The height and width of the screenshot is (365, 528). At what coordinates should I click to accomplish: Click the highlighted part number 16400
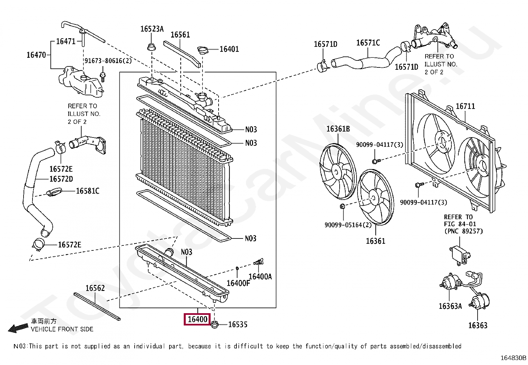click(x=197, y=319)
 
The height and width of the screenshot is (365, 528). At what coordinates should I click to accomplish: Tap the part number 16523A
click(x=152, y=29)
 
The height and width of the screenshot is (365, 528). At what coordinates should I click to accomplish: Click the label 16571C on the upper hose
click(x=368, y=43)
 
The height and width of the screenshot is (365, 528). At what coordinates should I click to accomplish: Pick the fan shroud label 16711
click(x=465, y=106)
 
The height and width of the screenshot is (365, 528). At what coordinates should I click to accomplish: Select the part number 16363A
click(x=450, y=306)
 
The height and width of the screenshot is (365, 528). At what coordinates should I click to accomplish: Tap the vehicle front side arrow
click(x=18, y=328)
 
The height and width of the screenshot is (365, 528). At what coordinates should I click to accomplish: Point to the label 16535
click(x=237, y=324)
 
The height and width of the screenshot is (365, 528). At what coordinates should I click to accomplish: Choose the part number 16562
click(x=95, y=288)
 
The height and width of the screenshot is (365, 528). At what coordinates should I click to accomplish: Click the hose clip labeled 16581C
click(x=54, y=192)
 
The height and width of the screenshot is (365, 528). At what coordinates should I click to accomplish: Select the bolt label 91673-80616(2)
click(x=108, y=61)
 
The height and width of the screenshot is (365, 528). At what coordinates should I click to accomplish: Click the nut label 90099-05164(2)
click(x=348, y=225)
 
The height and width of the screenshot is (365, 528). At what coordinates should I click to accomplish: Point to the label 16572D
click(x=61, y=179)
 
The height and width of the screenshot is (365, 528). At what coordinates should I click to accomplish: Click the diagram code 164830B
click(x=513, y=358)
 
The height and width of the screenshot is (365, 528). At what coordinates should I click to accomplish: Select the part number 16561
click(x=180, y=35)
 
